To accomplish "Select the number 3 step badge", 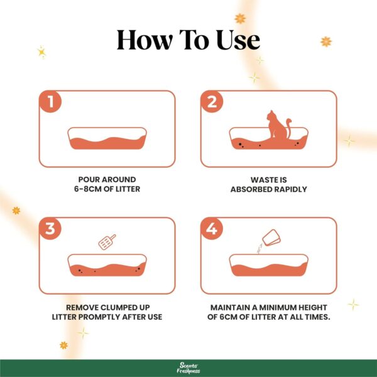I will click(x=49, y=229).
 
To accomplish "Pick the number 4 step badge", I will click(x=212, y=229).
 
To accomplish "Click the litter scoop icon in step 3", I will click(x=106, y=243).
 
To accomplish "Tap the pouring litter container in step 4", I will click(x=271, y=238).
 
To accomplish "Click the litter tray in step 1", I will click(x=107, y=139).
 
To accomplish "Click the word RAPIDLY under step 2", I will click(x=288, y=189).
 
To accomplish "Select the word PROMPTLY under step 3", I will click(x=101, y=316).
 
